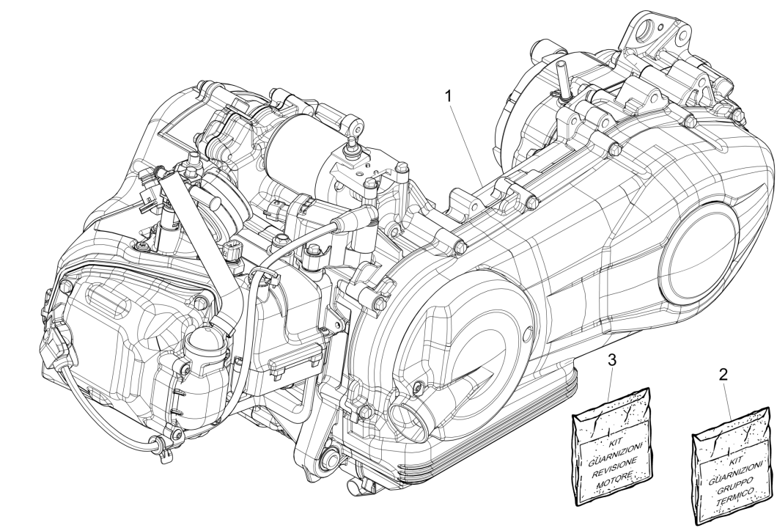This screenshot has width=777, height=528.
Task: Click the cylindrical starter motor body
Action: coord(292,151)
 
